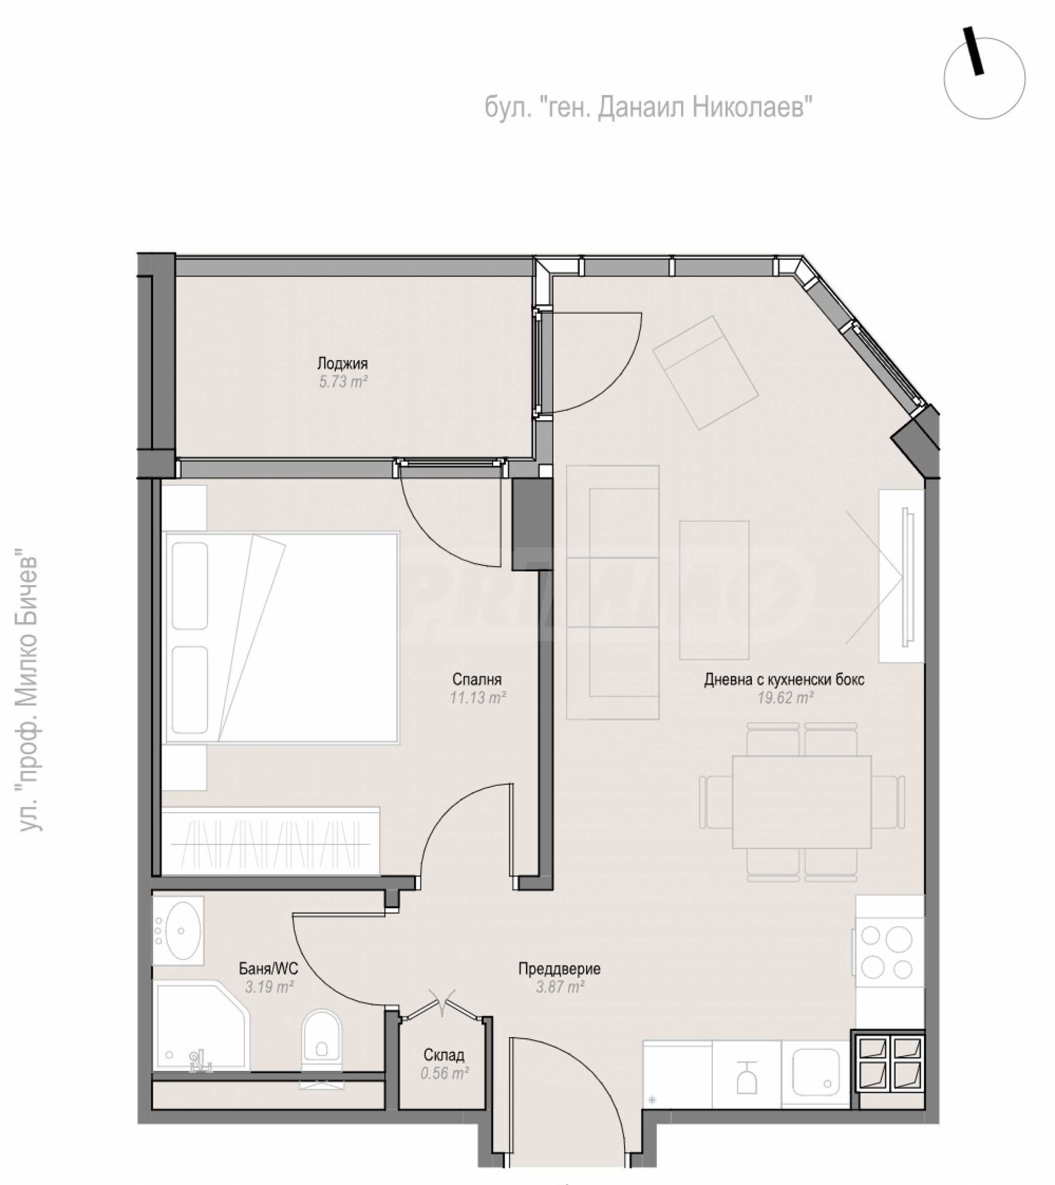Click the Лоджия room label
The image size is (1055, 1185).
tap(342, 364)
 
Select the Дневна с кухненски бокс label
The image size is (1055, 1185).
tap(784, 679)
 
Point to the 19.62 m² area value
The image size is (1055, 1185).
tap(785, 698)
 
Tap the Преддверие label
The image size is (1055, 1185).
tap(559, 968)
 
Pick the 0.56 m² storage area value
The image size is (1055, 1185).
tap(445, 1073)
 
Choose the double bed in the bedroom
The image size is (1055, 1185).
tap(282, 638)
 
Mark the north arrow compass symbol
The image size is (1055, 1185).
tap(984, 77)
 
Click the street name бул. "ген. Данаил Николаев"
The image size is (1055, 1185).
tap(648, 107)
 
